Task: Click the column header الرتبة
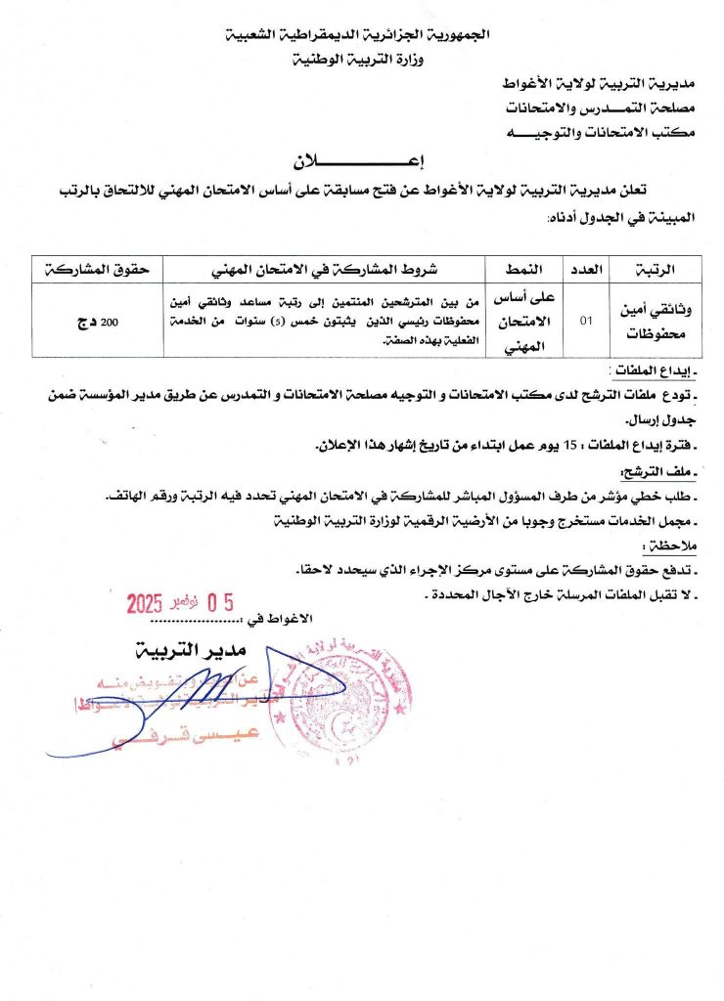coord(656,268)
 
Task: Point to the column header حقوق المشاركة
coord(97,268)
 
